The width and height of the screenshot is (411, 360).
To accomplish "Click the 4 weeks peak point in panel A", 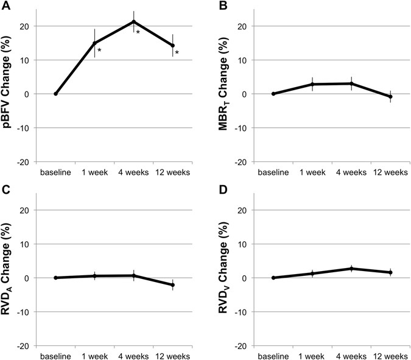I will point(134,22).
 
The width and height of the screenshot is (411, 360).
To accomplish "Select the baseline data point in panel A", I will point(56,94).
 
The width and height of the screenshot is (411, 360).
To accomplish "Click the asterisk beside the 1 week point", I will point(99,50).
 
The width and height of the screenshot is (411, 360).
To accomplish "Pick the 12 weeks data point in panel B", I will point(390,97).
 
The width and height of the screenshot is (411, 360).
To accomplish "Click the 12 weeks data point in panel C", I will point(173,285).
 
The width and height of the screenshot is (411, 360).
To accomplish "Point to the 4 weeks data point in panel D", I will point(351,269).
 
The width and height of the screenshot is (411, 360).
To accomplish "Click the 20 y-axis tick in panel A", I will point(27,26).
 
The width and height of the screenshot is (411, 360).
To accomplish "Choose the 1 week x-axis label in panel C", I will point(94,355).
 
